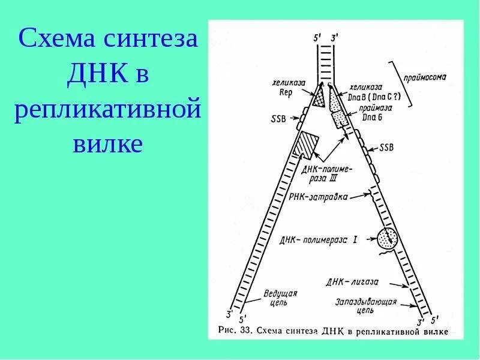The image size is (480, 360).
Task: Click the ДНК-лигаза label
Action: pos(351,281)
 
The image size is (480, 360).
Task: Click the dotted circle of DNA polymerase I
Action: pos(386,239)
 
